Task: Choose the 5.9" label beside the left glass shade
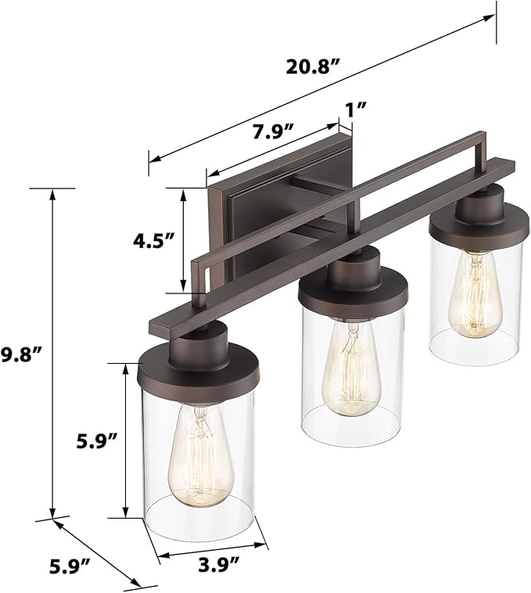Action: (x=95, y=441)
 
